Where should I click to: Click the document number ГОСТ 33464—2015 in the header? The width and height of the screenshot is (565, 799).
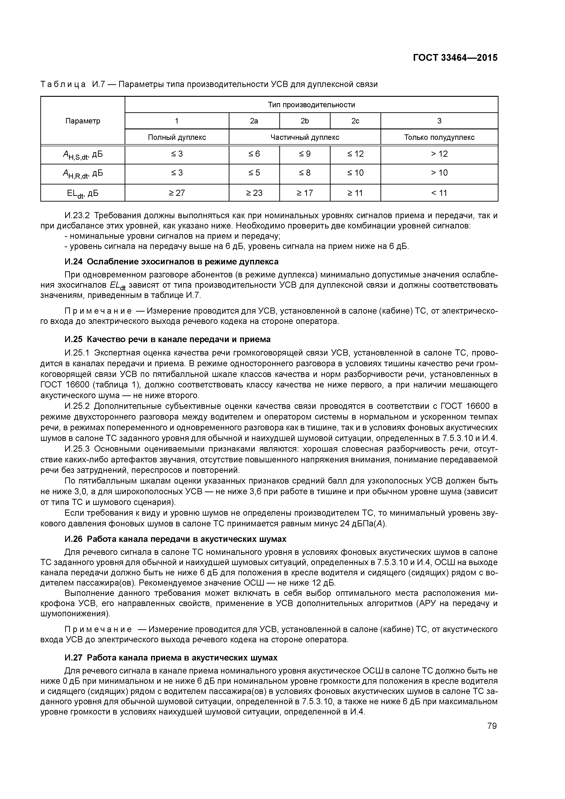tap(455, 58)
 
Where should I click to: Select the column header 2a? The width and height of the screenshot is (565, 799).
tap(254, 121)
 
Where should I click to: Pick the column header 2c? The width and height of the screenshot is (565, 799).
tap(355, 121)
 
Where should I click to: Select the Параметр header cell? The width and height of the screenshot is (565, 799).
tap(83, 121)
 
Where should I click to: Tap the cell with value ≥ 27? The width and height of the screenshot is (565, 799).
tap(177, 193)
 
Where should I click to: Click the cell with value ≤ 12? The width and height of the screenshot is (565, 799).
tap(355, 154)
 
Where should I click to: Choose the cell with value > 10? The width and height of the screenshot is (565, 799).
tap(439, 173)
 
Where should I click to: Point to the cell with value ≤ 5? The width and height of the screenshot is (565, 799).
tap(254, 173)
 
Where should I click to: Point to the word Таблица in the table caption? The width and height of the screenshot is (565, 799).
tap(63, 84)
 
